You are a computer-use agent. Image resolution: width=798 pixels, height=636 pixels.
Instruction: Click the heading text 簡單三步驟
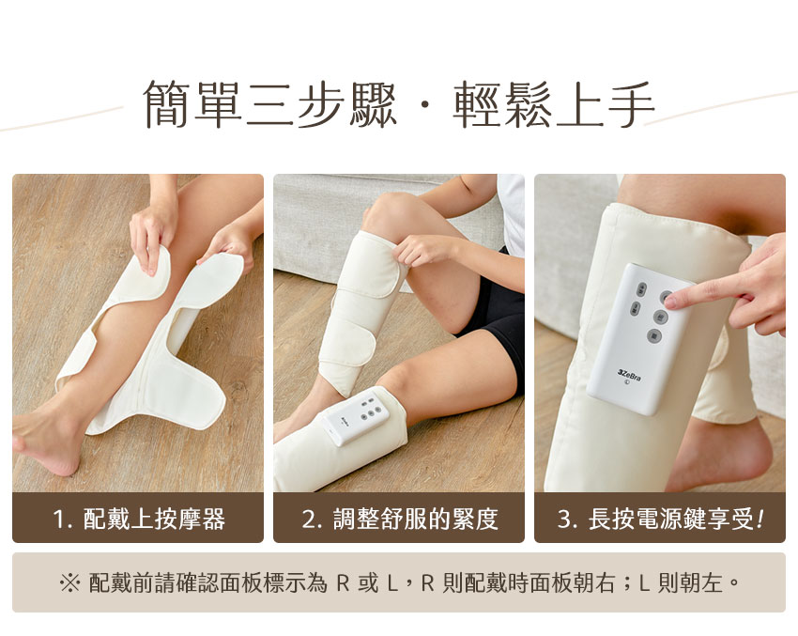pyautogui.click(x=269, y=104)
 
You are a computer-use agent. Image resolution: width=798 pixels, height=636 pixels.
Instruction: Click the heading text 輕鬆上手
pyautogui.click(x=553, y=104)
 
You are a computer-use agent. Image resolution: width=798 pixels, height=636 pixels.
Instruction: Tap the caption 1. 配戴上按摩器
pyautogui.click(x=139, y=519)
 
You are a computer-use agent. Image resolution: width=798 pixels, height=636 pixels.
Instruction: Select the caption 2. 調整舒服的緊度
pyautogui.click(x=400, y=519)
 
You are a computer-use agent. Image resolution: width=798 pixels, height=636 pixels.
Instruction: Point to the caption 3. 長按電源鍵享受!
pyautogui.click(x=660, y=519)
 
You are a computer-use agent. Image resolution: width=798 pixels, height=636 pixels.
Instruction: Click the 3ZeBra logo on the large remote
pyautogui.click(x=629, y=377)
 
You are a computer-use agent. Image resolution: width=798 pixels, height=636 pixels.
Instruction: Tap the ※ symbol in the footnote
pyautogui.click(x=69, y=582)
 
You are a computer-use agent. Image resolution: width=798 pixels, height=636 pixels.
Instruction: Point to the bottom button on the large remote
pyautogui.click(x=654, y=335)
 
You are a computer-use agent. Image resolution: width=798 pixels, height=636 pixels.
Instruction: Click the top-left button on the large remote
pyautogui.click(x=642, y=288)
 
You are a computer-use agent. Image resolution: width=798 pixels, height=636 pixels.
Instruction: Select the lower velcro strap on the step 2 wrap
pyautogui.click(x=347, y=347)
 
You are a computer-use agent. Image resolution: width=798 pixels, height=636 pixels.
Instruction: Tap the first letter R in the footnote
pyautogui.click(x=343, y=583)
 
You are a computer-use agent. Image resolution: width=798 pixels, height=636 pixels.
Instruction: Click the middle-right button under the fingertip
pyautogui.click(x=660, y=317)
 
